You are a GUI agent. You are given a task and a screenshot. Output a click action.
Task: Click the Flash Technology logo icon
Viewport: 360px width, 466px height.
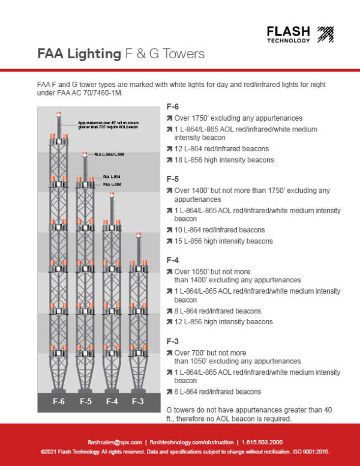coord(325,34)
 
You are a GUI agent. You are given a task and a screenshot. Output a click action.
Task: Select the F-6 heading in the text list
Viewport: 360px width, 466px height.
coord(172,107)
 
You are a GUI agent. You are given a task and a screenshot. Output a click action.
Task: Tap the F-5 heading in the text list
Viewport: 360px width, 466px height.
coord(172,178)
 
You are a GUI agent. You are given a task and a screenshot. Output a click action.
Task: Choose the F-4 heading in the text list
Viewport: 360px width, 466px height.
coord(172,260)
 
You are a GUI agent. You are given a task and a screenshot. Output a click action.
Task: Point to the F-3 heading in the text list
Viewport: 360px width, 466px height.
coord(172,341)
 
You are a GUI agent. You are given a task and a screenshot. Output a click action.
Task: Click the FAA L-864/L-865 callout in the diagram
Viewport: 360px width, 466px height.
coord(109,155)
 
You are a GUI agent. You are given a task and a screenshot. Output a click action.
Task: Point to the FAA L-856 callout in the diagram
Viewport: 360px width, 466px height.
coord(112,184)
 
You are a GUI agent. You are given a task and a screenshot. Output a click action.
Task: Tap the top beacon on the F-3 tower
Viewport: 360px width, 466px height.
coord(138,235)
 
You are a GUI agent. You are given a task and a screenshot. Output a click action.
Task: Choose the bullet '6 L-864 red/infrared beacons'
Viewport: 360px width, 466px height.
coord(217,392)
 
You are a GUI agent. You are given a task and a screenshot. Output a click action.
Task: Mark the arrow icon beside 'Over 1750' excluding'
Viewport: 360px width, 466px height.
coord(169,118)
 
